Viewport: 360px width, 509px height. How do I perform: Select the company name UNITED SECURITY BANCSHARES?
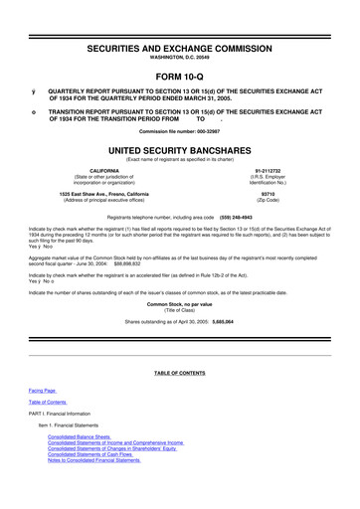(179, 146)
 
